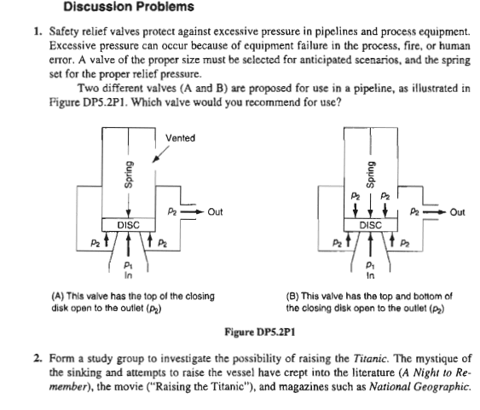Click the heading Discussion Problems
click(129, 7)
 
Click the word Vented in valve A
click(180, 138)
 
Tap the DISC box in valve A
click(129, 225)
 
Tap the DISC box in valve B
click(370, 225)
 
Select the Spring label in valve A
click(129, 175)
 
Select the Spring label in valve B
click(370, 175)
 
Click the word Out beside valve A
click(215, 211)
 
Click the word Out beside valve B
click(457, 212)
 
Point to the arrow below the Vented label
click(161, 153)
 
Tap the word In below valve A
click(128, 275)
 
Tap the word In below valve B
click(370, 275)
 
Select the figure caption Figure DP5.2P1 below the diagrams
click(260, 332)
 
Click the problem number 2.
click(38, 358)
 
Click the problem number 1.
click(38, 31)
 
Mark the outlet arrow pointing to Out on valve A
click(192, 211)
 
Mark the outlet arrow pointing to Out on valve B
click(435, 211)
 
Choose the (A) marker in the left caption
click(58, 296)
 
